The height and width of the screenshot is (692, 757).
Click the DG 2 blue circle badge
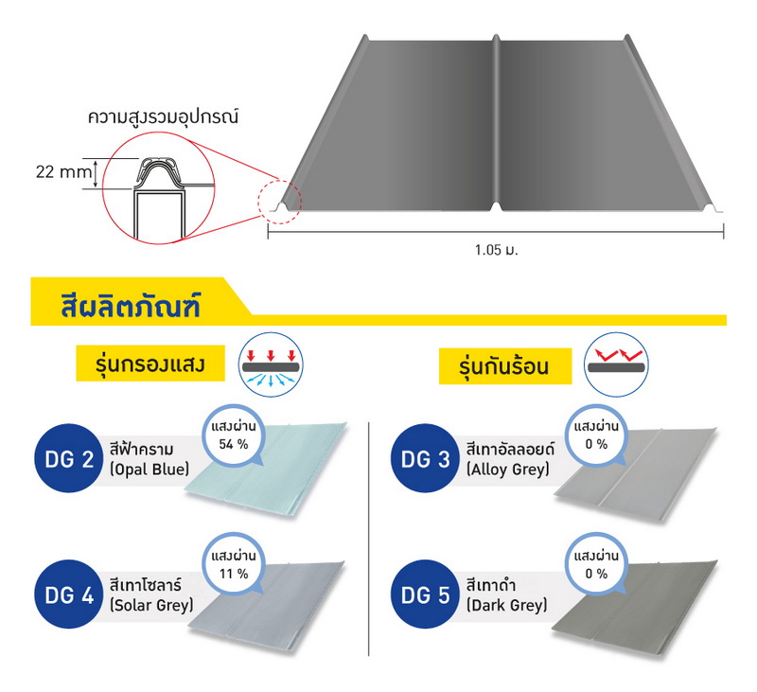pyautogui.click(x=68, y=458)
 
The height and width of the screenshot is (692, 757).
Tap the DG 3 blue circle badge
pyautogui.click(x=425, y=458)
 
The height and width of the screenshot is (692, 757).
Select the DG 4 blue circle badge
pyautogui.click(x=68, y=594)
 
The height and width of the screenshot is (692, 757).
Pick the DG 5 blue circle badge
pyautogui.click(x=425, y=594)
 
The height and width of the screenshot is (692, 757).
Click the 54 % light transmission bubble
pyautogui.click(x=234, y=436)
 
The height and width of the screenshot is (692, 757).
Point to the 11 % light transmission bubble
pyautogui.click(x=234, y=565)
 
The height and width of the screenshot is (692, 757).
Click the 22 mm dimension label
pyautogui.click(x=63, y=171)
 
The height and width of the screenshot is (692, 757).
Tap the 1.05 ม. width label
pyautogui.click(x=496, y=250)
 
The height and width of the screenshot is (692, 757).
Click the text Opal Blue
pyautogui.click(x=150, y=470)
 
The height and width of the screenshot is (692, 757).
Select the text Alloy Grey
pyautogui.click(x=508, y=469)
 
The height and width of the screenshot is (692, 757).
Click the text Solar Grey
pyautogui.click(x=151, y=605)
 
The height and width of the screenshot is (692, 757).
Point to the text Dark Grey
pyautogui.click(x=507, y=605)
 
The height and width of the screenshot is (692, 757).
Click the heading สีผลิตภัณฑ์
pyautogui.click(x=131, y=306)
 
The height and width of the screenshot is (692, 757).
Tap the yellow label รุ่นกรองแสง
pyautogui.click(x=150, y=364)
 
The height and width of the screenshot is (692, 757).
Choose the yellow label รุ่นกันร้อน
pyautogui.click(x=505, y=366)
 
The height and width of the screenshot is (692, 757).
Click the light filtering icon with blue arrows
pyautogui.click(x=271, y=364)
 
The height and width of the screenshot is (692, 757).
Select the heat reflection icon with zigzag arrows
pyautogui.click(x=616, y=364)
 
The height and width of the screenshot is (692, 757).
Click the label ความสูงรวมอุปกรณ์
pyautogui.click(x=163, y=117)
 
